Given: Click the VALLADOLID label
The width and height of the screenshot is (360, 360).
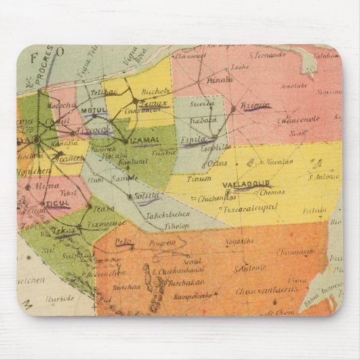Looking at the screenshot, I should pyautogui.click(x=246, y=183).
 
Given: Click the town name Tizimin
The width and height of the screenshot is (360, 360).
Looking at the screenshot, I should pyautogui.click(x=255, y=106).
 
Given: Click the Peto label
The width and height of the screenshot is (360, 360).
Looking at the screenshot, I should pyautogui.click(x=123, y=241).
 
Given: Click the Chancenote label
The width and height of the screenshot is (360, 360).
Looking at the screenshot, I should pyautogui.click(x=298, y=120).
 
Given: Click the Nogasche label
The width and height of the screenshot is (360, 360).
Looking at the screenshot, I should pyautogui.click(x=240, y=240).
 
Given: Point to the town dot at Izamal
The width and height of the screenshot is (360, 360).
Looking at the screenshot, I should pyautogui.click(x=126, y=141).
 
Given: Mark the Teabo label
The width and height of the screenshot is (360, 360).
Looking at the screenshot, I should pyautogui.click(x=103, y=209).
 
